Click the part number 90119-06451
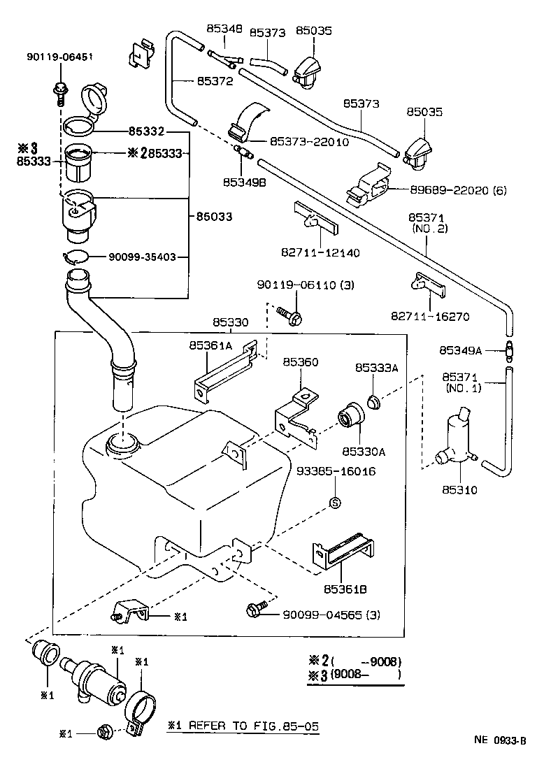coord(60,57)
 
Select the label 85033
coord(213,217)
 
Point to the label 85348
coord(224,29)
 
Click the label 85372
coord(213,82)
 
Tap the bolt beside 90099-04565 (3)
coord(256,611)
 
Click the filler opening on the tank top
coord(122,444)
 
